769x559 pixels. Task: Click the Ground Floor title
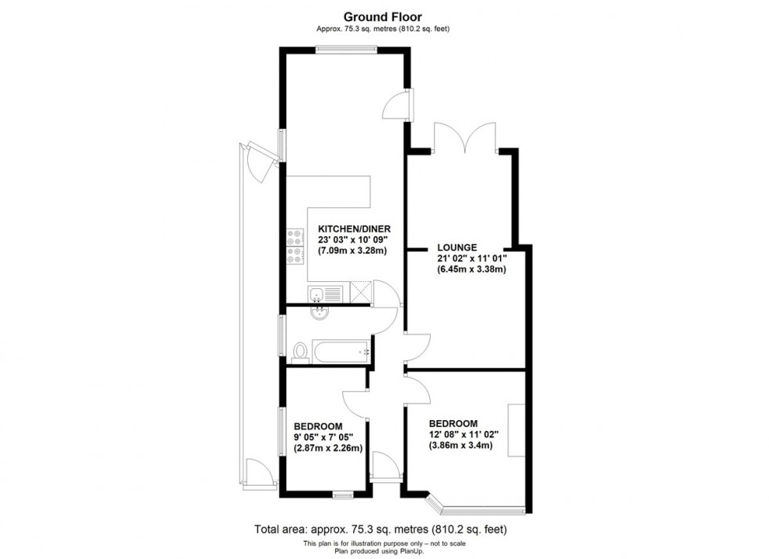(x=383, y=17)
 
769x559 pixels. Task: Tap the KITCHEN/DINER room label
(x=355, y=228)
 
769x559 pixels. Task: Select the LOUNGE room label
(x=457, y=248)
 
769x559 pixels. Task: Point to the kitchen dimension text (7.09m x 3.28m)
(x=352, y=250)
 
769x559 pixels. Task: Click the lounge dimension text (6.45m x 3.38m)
(x=472, y=269)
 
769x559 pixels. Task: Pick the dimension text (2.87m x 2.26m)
(x=328, y=448)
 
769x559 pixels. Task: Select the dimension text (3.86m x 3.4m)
(x=461, y=445)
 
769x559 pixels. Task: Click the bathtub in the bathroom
(x=342, y=352)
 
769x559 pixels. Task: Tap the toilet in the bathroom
(x=300, y=353)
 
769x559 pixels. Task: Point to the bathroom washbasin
(x=319, y=313)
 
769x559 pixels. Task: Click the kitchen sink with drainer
(x=326, y=294)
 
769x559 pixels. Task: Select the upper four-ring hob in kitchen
(x=296, y=238)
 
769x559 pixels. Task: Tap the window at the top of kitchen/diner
(x=346, y=49)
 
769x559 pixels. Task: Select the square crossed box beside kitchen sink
(x=361, y=292)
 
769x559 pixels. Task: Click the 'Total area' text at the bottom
(x=381, y=529)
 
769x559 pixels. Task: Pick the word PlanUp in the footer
(x=411, y=551)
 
